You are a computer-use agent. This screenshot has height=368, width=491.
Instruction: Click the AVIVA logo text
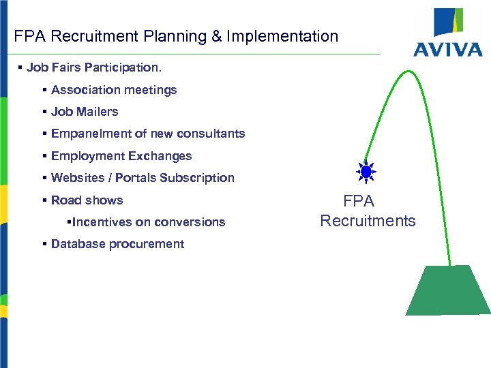tap(448, 49)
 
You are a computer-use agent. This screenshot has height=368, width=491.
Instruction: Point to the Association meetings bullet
tap(113, 90)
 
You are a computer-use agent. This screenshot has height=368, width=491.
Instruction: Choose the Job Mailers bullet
tap(84, 112)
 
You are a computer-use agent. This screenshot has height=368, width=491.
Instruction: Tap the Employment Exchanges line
tap(121, 156)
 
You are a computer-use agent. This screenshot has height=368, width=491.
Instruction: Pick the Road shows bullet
tap(87, 200)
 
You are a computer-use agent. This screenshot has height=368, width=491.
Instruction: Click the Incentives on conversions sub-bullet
tap(148, 222)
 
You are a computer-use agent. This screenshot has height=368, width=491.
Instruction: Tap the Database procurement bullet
tap(117, 244)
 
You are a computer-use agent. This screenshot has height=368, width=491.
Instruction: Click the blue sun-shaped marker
tap(367, 172)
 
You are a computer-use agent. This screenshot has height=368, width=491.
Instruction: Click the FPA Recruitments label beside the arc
tap(368, 211)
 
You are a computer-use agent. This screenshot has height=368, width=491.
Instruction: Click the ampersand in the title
tap(216, 36)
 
